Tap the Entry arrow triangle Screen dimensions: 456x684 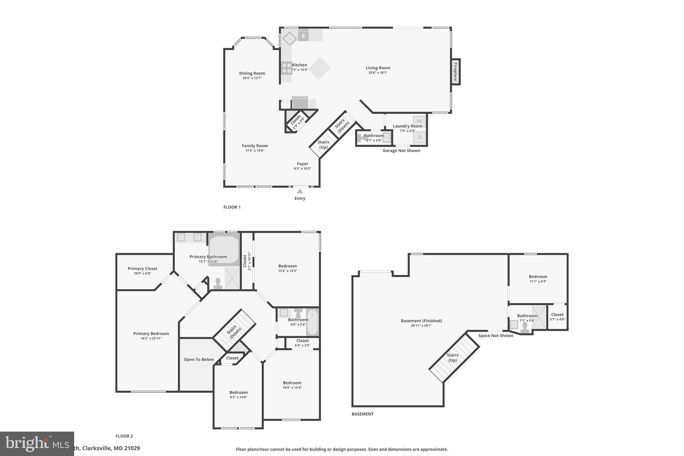(300, 191)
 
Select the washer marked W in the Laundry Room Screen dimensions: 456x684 (419, 121)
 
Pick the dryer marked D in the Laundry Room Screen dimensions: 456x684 (419, 137)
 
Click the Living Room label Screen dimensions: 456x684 (378, 68)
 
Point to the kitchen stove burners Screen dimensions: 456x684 (287, 68)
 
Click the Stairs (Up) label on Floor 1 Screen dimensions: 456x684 (323, 144)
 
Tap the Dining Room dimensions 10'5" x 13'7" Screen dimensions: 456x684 (252, 78)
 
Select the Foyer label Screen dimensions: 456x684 (302, 164)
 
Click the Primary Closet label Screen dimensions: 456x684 (142, 269)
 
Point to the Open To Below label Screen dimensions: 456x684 (199, 359)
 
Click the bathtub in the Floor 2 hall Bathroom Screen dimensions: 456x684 (313, 322)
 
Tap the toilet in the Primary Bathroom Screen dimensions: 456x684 (218, 284)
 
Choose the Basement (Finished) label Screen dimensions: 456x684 (421, 321)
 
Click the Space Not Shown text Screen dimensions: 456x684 (495, 335)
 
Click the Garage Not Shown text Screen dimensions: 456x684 (401, 151)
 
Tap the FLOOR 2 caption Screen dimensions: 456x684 (124, 436)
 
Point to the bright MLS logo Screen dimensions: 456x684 (37, 443)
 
